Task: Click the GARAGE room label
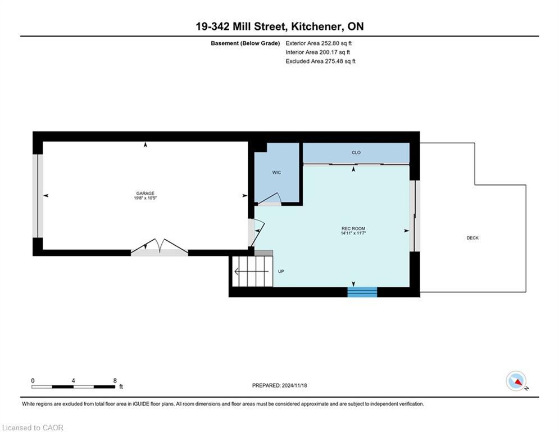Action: pos(145,193)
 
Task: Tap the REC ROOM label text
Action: pos(353,228)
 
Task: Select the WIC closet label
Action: pos(276,173)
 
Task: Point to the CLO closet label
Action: pos(356,152)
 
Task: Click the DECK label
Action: pos(472,238)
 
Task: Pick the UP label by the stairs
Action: pos(281,271)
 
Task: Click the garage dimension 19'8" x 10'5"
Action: pos(146,198)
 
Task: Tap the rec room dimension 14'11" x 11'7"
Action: pos(353,233)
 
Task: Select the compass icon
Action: pos(516,381)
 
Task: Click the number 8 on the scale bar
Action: pos(115,381)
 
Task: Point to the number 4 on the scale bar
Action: pos(73,381)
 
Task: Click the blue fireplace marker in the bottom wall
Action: pos(362,292)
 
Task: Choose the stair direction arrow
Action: pos(251,272)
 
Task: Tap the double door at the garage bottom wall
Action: pos(160,247)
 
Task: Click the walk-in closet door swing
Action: pos(269,199)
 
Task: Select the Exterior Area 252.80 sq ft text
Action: pos(319,43)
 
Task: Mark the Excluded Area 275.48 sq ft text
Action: pos(320,61)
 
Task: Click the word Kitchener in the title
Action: pos(313,26)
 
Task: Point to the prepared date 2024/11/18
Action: pos(294,385)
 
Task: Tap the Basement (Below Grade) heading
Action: pos(246,43)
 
